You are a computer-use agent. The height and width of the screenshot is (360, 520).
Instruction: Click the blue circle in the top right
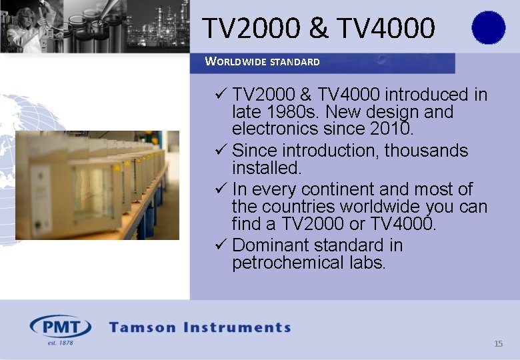[488, 27]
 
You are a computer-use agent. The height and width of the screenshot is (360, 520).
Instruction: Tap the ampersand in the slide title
[319, 28]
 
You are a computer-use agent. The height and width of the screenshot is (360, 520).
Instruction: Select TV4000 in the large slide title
[386, 28]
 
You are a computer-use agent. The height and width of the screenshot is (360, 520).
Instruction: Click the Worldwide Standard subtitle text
[263, 62]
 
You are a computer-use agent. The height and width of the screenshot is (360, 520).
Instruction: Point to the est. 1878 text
[60, 343]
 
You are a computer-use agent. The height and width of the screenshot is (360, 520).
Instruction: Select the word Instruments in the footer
[242, 327]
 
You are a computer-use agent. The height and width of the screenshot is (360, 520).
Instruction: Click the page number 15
[498, 344]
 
